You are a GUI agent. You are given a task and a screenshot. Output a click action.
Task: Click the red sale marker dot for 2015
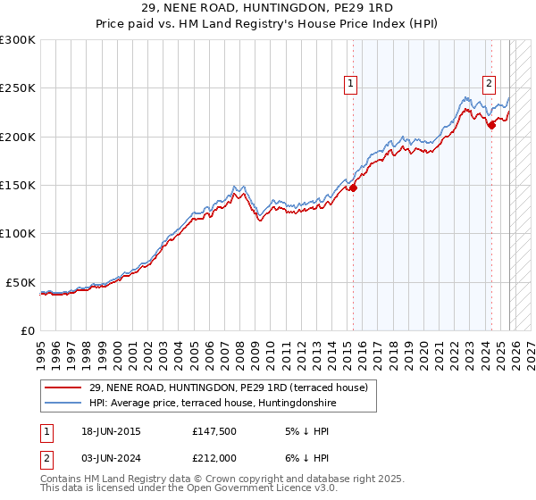[x=353, y=187]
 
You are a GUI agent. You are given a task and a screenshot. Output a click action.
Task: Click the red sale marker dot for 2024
[x=490, y=125]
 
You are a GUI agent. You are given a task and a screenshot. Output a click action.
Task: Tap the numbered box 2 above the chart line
[x=490, y=85]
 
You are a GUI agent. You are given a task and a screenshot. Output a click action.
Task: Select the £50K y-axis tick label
[x=21, y=282]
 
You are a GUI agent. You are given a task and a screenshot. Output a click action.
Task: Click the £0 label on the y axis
[x=27, y=330]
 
